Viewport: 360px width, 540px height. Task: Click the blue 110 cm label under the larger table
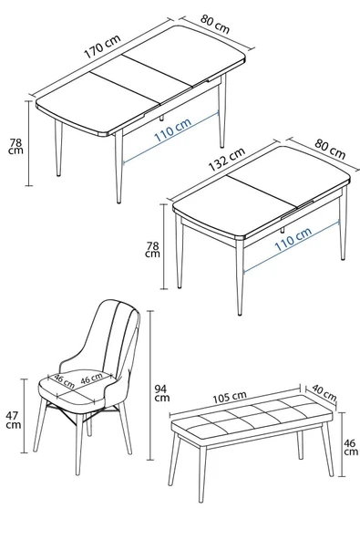pyautogui.click(x=172, y=134)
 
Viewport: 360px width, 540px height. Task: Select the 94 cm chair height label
pyautogui.click(x=162, y=391)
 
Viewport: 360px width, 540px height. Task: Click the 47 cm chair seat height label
pyautogui.click(x=12, y=420)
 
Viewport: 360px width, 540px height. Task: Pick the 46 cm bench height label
pyautogui.click(x=350, y=446)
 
